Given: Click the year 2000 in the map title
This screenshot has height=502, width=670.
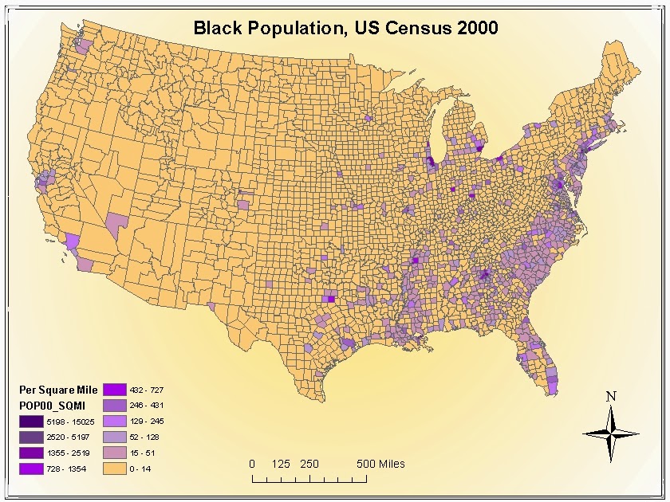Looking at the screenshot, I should click(x=476, y=28).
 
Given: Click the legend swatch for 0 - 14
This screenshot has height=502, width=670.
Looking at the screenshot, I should click(x=114, y=469).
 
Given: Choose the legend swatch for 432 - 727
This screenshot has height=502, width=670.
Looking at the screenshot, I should click(x=114, y=389).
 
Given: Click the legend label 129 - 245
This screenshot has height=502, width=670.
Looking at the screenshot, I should click(x=148, y=422).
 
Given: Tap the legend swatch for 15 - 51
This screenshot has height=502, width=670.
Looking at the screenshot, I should click(x=114, y=453).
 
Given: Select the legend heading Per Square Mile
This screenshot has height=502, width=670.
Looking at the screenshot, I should click(x=58, y=390).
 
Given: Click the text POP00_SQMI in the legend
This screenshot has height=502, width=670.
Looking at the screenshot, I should click(x=53, y=406).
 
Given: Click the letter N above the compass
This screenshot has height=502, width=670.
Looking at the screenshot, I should click(x=611, y=396).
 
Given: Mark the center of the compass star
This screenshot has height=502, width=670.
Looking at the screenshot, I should click(x=611, y=433).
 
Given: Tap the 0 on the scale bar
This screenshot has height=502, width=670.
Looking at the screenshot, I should click(x=252, y=464).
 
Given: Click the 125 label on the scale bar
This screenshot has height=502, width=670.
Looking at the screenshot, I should click(x=280, y=464).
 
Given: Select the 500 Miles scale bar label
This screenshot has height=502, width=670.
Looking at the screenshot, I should click(x=380, y=464).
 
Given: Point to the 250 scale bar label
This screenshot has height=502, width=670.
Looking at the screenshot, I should click(x=309, y=464).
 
